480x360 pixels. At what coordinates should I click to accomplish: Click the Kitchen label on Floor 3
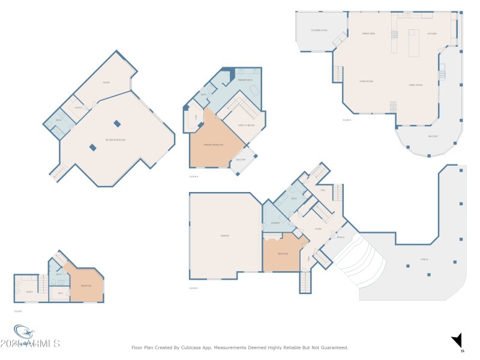[432, 34]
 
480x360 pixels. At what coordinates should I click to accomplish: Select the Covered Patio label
[319, 30]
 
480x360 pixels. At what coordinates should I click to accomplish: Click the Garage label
[225, 236]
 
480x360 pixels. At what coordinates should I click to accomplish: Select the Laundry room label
[275, 223]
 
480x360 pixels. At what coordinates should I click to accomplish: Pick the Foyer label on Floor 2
[318, 229]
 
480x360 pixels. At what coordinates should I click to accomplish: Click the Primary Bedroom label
[213, 145]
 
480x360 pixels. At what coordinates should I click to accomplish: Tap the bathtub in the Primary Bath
[254, 90]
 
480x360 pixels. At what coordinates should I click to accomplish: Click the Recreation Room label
[115, 139]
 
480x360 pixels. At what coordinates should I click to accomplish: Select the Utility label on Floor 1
[29, 292]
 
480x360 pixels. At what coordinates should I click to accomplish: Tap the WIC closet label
[60, 293]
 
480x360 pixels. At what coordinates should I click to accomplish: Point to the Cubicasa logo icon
[24, 332]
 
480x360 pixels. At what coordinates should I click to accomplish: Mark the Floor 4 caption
[193, 177]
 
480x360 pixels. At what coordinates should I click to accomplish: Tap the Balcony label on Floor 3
[433, 136]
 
